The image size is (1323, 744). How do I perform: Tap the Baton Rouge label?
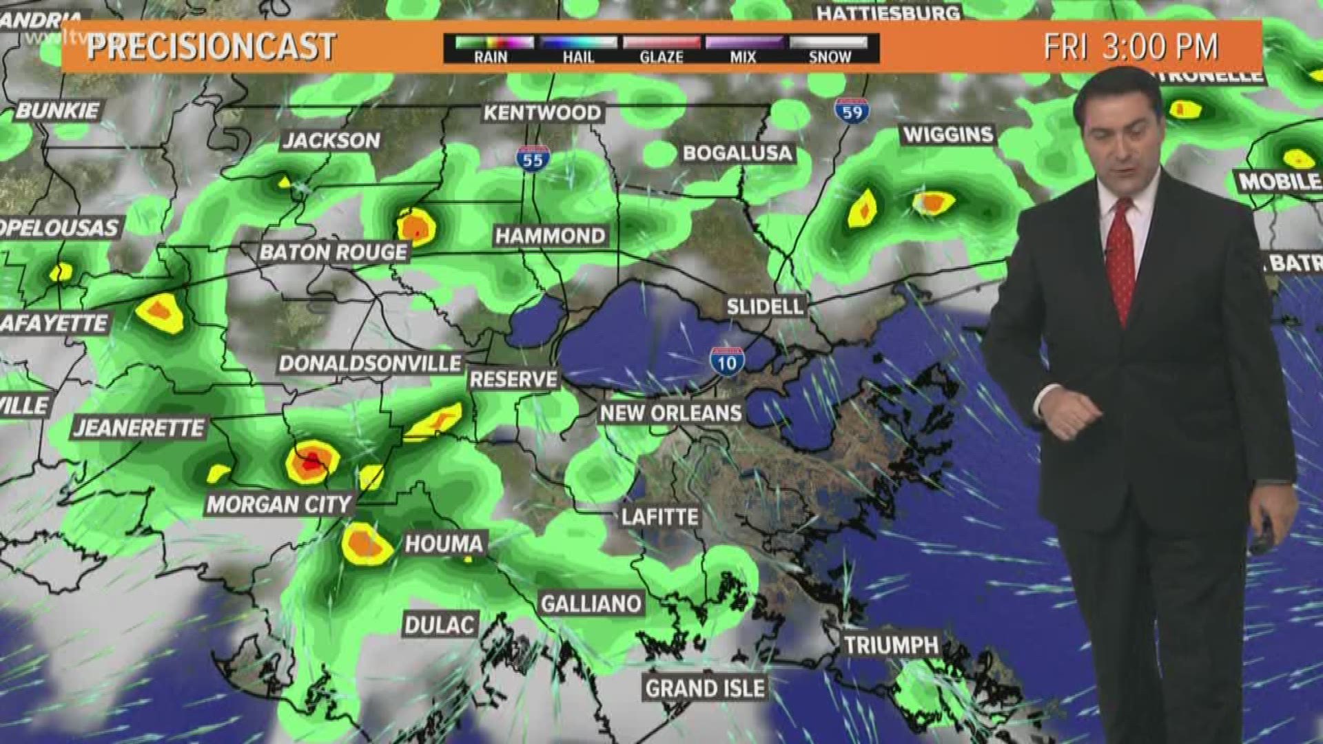tap(334, 252)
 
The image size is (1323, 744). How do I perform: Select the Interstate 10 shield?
tap(726, 361)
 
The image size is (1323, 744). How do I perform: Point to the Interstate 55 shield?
tap(533, 159)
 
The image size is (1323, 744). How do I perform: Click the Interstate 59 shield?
tap(852, 110)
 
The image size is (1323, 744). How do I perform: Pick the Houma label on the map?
tap(444, 544)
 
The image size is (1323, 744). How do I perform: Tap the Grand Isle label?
tap(705, 688)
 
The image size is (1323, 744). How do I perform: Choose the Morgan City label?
tap(279, 504)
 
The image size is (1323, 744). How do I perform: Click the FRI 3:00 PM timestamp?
tap(1131, 47)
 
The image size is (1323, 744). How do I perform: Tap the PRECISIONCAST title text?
tap(212, 47)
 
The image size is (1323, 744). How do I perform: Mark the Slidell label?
tap(765, 307)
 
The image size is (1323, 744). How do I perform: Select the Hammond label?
tap(550, 236)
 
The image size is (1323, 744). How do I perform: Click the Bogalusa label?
tap(737, 153)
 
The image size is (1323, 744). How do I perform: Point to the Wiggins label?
tap(948, 134)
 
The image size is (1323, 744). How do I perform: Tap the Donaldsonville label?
tap(370, 363)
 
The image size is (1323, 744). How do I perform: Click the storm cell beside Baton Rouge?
tap(417, 227)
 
